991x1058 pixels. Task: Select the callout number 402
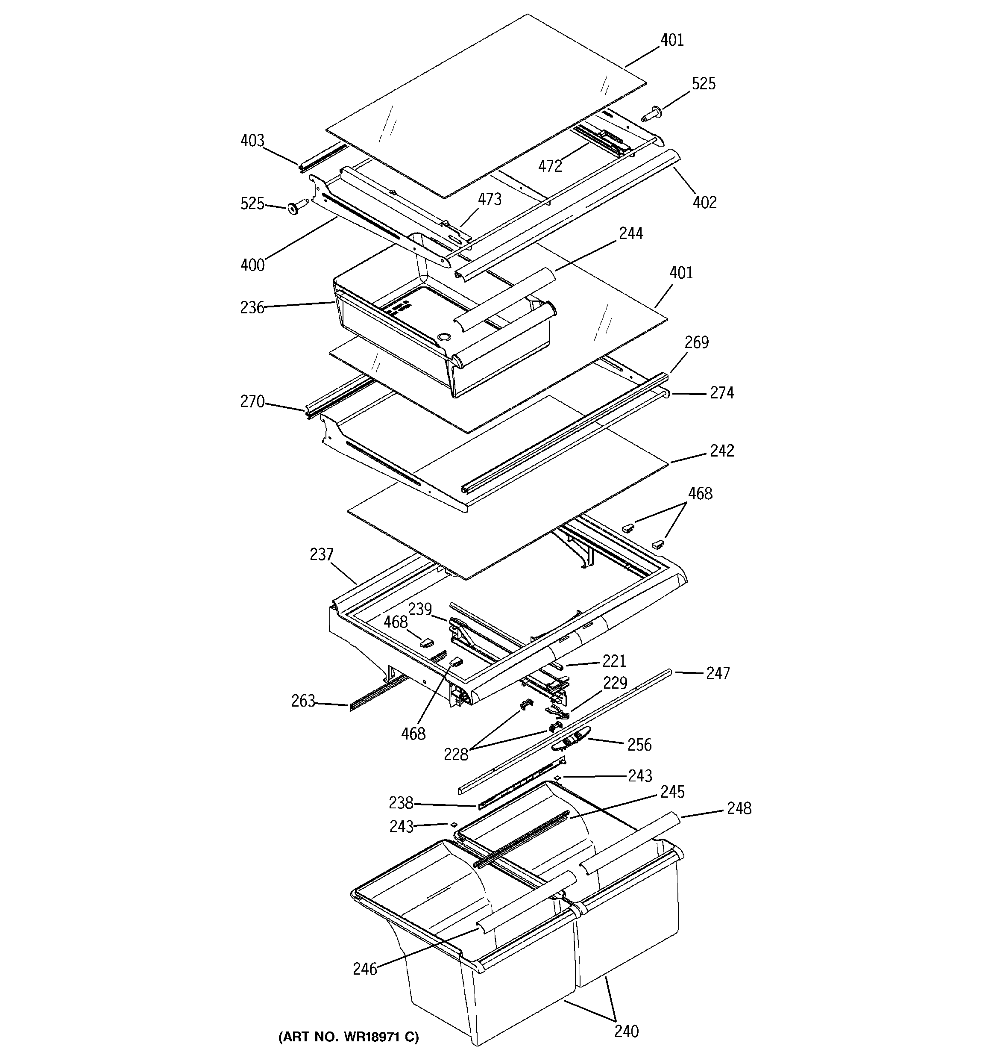pos(704,202)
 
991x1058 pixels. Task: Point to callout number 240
pos(626,1031)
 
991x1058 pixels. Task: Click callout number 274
pos(722,393)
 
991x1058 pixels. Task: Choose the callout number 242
pos(722,451)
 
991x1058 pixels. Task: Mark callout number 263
pos(303,701)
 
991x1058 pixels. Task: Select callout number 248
pos(739,808)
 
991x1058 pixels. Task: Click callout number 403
pos(252,141)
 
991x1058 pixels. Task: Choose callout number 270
pos(252,401)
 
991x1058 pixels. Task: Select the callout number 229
pos(615,683)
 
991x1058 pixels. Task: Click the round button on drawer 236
pos(443,337)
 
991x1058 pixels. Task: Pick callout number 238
pos(401,802)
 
